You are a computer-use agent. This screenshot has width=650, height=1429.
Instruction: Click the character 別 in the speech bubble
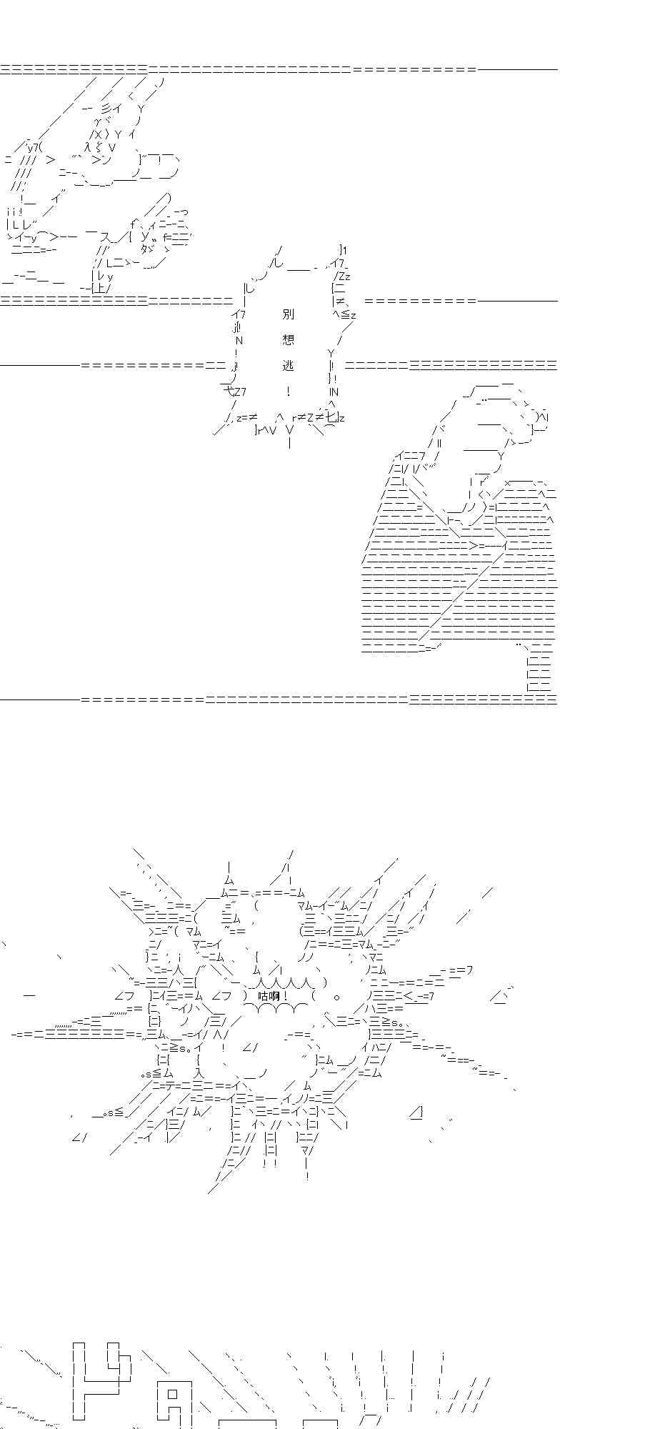[288, 314]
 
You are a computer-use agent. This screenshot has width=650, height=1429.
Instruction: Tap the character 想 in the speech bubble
[288, 339]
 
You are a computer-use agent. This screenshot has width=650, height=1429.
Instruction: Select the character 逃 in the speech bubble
[288, 365]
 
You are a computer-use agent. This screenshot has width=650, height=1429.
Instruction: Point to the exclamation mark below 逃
[288, 391]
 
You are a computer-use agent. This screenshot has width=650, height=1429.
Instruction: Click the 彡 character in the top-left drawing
[106, 108]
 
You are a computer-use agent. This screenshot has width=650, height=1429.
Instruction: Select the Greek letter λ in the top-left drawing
[88, 146]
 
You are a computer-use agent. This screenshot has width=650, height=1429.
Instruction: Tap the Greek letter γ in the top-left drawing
[99, 121]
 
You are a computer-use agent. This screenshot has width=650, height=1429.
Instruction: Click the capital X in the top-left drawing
[99, 134]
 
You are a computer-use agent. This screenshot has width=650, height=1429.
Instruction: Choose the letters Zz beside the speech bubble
[342, 275]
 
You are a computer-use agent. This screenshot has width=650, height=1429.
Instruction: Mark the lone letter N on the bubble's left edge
[239, 340]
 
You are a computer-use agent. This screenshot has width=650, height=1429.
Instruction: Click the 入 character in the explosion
[199, 1073]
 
